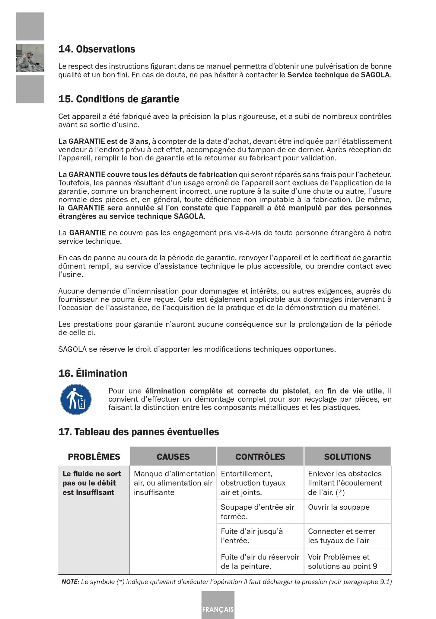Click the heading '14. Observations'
coord(97,49)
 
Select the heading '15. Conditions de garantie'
coord(119,99)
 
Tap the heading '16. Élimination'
coord(93,374)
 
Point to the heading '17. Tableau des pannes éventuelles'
coord(138,432)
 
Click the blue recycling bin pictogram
coord(76,399)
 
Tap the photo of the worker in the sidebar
coord(30,58)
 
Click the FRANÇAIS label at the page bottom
coord(218,609)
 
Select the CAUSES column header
coord(173,457)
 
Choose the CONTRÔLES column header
coord(260,457)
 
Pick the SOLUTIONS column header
coord(347,457)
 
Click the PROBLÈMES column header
coord(94,457)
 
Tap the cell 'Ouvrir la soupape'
coord(339,507)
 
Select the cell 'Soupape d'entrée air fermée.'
coord(257,512)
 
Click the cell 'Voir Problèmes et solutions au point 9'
coord(342,561)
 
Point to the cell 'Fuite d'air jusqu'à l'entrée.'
coord(252,536)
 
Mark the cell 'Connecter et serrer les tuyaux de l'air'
coord(342,536)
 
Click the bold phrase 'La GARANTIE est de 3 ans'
coord(103,141)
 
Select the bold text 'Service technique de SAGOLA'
coord(339,75)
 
